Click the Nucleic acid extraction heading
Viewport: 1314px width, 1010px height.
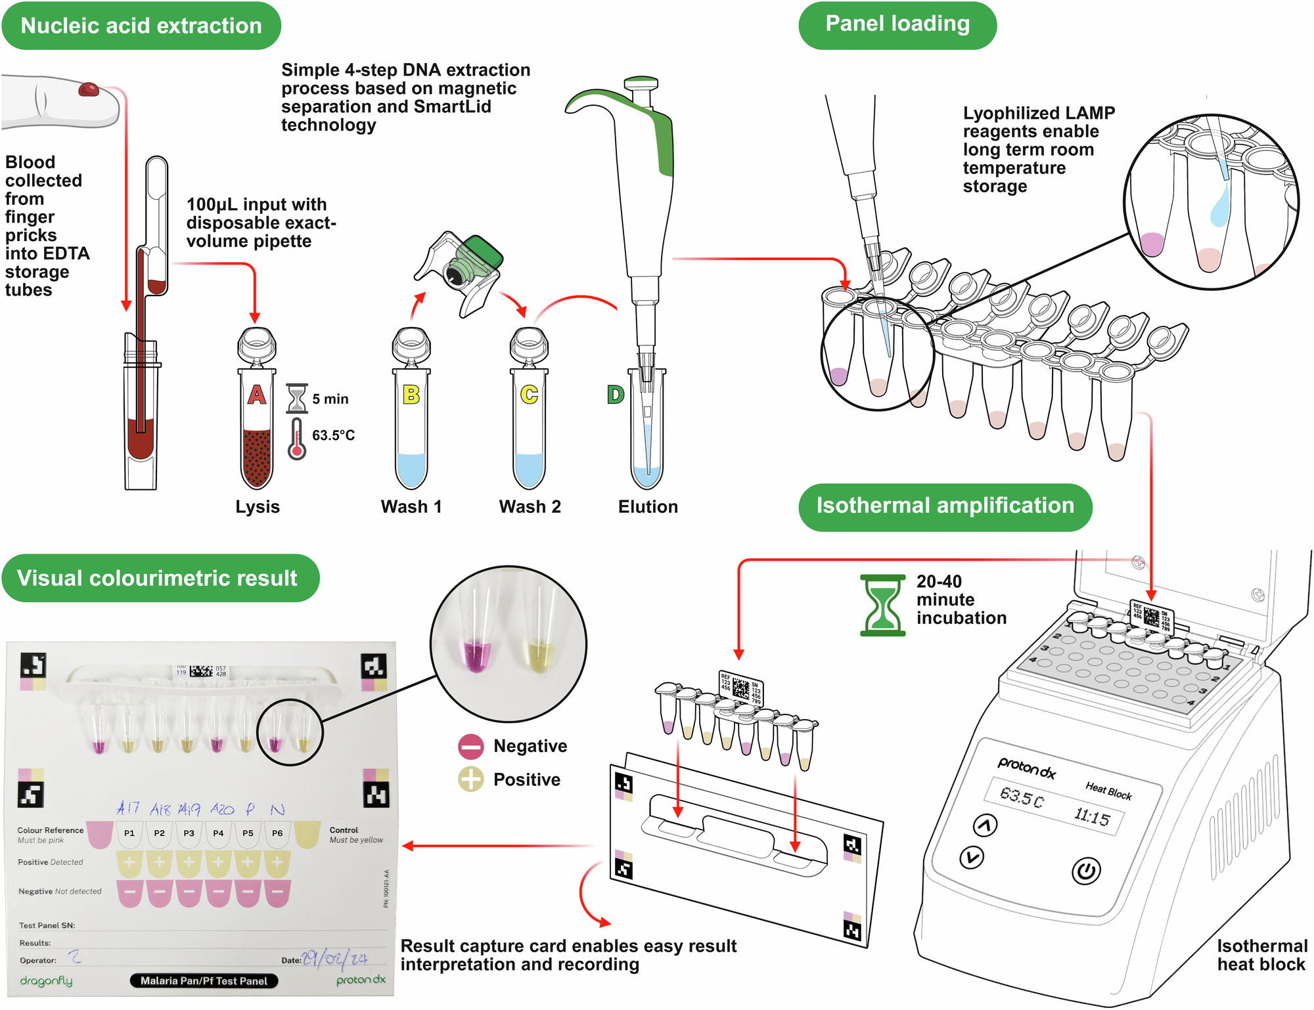point(141,26)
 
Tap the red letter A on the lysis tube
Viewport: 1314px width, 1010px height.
point(256,394)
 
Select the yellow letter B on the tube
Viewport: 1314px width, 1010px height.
point(411,394)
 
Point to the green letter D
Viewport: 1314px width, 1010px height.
point(615,394)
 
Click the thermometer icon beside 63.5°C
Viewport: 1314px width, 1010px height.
point(297,439)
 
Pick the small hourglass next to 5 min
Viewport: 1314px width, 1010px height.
point(297,399)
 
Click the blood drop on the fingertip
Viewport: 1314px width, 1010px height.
point(89,89)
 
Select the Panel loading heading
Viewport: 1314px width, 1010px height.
point(897,24)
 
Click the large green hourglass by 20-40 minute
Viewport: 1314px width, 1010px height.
point(882,605)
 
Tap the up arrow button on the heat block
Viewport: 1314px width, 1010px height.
point(985,825)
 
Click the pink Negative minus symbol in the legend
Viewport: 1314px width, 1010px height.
point(471,747)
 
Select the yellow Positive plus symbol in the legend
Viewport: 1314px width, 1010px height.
point(471,779)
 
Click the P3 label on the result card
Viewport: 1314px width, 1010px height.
point(189,833)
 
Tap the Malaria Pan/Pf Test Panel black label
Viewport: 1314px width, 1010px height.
point(204,980)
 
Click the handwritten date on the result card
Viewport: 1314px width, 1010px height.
point(334,959)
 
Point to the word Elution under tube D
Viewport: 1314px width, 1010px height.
point(648,506)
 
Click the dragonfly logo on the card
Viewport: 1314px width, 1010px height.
point(46,980)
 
